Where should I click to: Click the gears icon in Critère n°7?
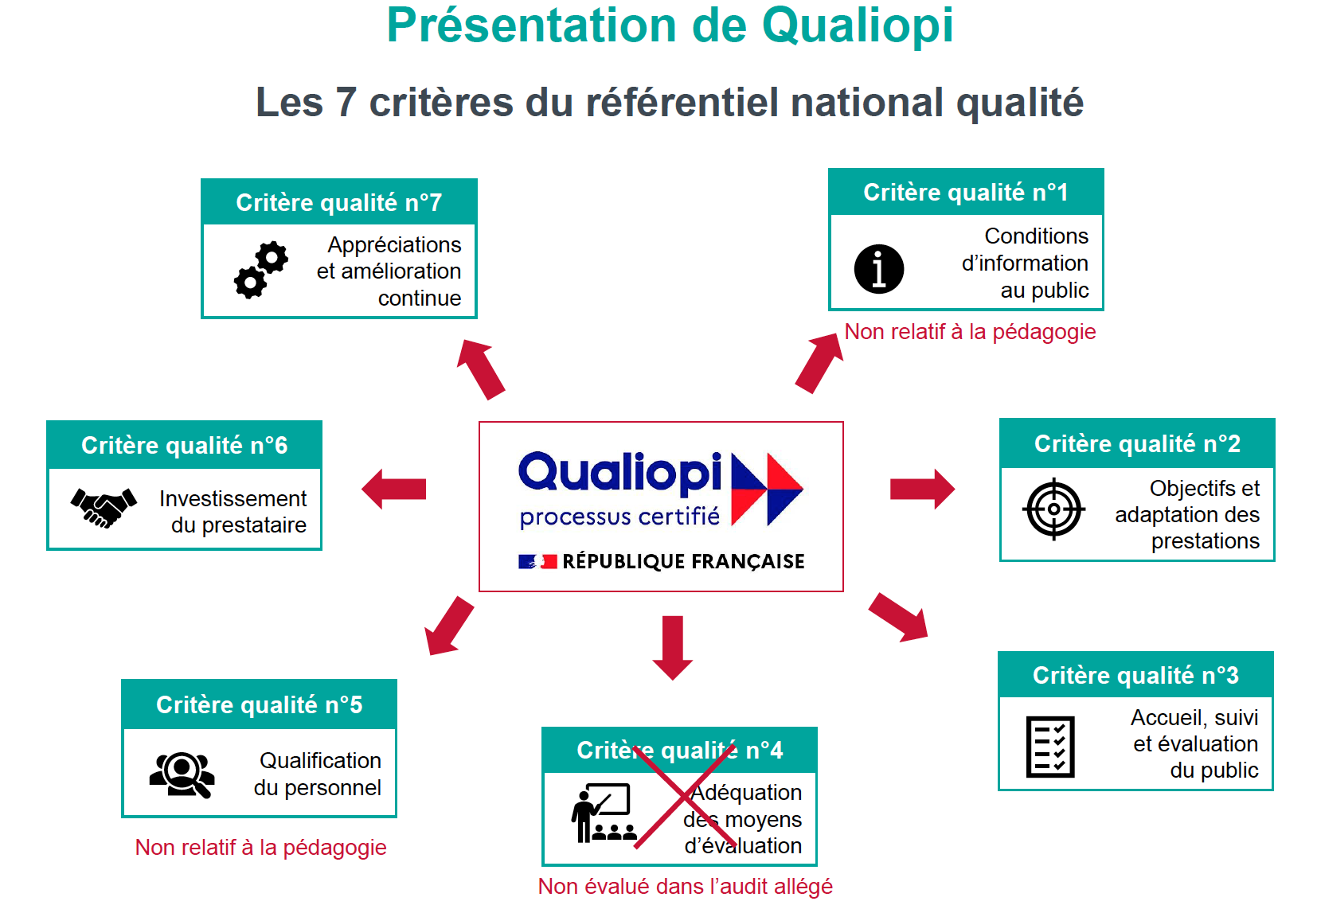(x=261, y=270)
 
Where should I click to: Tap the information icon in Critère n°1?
(x=878, y=269)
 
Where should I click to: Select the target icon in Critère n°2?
(x=1053, y=509)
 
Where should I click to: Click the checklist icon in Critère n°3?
(x=1050, y=747)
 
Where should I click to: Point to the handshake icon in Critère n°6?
(x=104, y=507)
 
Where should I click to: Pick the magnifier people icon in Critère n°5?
(x=182, y=774)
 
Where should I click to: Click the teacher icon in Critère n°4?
(x=603, y=813)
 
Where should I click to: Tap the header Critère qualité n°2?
(x=1136, y=443)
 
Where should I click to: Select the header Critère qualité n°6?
(x=184, y=445)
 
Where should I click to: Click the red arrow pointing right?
(x=922, y=489)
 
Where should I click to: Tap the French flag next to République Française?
(x=537, y=562)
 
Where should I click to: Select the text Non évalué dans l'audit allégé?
(x=685, y=886)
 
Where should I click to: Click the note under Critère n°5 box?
(x=260, y=847)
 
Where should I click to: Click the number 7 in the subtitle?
(x=346, y=103)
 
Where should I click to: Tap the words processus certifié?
(x=619, y=517)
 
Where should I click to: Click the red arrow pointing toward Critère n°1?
(x=819, y=363)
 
